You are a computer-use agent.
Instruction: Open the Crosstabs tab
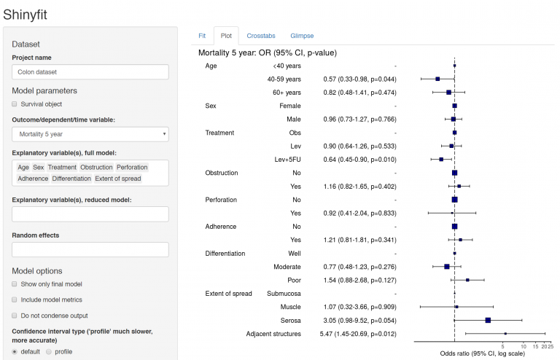tap(260, 35)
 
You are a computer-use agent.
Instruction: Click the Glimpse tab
tap(302, 35)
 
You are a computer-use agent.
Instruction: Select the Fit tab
tap(202, 35)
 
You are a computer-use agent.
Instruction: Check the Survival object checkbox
tap(15, 104)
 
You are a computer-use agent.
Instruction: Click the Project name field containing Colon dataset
tap(90, 72)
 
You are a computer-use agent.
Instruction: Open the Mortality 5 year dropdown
tap(90, 134)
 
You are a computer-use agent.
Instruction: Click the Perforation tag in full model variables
tap(132, 167)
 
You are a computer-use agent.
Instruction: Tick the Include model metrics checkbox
tap(15, 300)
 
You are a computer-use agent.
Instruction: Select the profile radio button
tap(49, 351)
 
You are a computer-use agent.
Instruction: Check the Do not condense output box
tap(15, 316)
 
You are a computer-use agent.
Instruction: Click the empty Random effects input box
tap(90, 249)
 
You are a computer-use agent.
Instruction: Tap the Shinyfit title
tap(29, 13)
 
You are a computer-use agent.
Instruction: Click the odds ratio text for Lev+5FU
tap(360, 159)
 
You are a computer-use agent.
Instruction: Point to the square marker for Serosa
tap(488, 321)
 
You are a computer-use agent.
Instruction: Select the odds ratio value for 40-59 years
tap(360, 79)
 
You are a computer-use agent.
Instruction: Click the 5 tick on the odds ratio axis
tap(506, 346)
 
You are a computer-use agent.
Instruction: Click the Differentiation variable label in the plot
tap(225, 254)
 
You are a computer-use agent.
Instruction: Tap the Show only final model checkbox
tap(15, 283)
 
